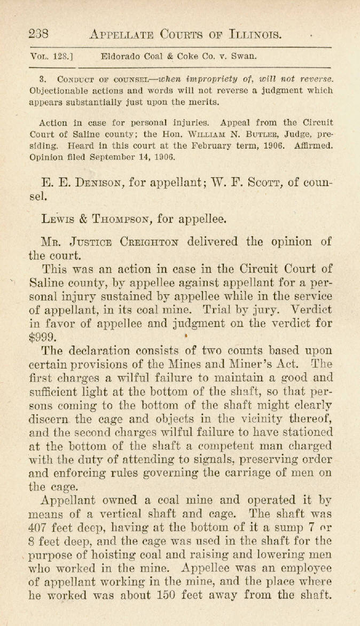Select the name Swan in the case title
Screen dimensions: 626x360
246,55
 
